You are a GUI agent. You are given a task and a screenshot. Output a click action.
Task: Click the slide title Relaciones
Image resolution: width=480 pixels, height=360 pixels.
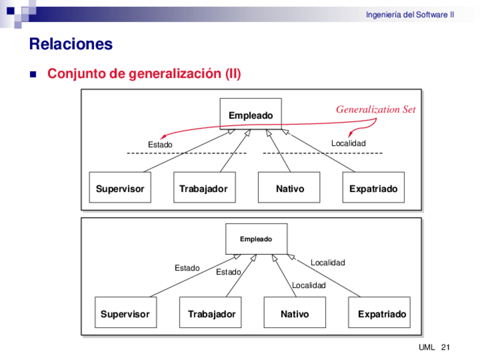(71, 44)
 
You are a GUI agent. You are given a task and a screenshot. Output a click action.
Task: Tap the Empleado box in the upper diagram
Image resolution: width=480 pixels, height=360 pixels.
(251, 115)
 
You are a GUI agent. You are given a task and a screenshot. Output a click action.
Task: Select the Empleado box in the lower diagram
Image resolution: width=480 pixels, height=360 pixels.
(256, 239)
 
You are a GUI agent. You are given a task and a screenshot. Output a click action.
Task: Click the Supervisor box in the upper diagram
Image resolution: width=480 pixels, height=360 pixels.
(120, 188)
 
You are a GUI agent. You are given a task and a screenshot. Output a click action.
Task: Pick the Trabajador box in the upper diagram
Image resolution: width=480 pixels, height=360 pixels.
(204, 188)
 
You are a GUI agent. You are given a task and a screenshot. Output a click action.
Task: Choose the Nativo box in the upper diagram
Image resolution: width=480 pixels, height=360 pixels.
(289, 188)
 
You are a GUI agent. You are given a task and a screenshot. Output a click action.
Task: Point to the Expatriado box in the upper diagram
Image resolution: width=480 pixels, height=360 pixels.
(374, 188)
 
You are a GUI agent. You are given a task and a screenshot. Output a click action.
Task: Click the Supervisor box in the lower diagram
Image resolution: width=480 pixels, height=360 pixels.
(125, 314)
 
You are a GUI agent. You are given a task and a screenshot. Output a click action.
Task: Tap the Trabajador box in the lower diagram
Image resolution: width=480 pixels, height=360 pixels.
(211, 314)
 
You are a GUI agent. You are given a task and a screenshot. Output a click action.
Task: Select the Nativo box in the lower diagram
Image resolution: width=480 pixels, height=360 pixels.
(294, 314)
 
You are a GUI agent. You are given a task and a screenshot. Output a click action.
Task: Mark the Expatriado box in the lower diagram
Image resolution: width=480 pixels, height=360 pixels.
(381, 314)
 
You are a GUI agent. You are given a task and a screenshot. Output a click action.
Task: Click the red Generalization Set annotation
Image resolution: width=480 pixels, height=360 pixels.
(376, 110)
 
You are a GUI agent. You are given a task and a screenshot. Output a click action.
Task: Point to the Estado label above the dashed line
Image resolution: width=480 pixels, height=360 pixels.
(160, 145)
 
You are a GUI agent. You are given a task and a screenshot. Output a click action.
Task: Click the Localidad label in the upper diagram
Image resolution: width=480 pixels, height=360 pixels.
(348, 144)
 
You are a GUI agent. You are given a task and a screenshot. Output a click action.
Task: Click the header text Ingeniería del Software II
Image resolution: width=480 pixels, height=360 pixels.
(410, 15)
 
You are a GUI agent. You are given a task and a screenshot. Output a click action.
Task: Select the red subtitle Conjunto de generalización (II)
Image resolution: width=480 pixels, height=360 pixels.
(144, 74)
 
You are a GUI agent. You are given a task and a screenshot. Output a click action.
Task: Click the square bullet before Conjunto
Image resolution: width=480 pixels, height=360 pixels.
(32, 74)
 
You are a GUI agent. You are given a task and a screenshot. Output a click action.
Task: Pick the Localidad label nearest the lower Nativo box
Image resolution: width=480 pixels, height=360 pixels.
(308, 285)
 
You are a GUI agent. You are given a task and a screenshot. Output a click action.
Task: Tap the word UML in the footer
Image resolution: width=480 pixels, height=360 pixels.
(426, 347)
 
